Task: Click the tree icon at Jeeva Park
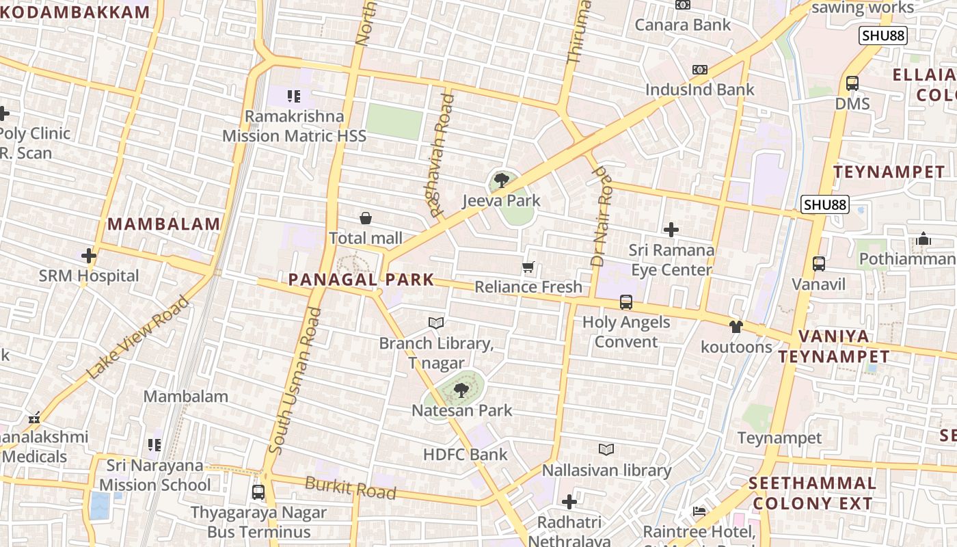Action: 501,181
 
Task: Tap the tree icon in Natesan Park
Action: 461,390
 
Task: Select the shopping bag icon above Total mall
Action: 366,218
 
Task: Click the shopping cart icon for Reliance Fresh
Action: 528,267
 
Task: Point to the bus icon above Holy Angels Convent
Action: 625,302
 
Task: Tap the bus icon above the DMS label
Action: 852,83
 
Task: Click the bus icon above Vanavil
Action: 818,263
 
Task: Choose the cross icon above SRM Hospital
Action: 88,256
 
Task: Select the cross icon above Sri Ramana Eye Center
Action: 671,230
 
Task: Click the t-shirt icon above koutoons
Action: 736,327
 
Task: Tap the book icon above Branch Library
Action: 436,323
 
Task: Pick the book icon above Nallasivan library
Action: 606,449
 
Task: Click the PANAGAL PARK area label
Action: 361,279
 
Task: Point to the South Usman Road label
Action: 295,381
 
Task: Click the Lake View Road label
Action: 137,338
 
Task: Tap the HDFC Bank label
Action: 466,454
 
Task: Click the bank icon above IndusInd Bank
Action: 699,70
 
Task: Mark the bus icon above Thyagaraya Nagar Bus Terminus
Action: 258,492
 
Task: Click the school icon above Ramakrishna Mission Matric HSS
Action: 294,96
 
